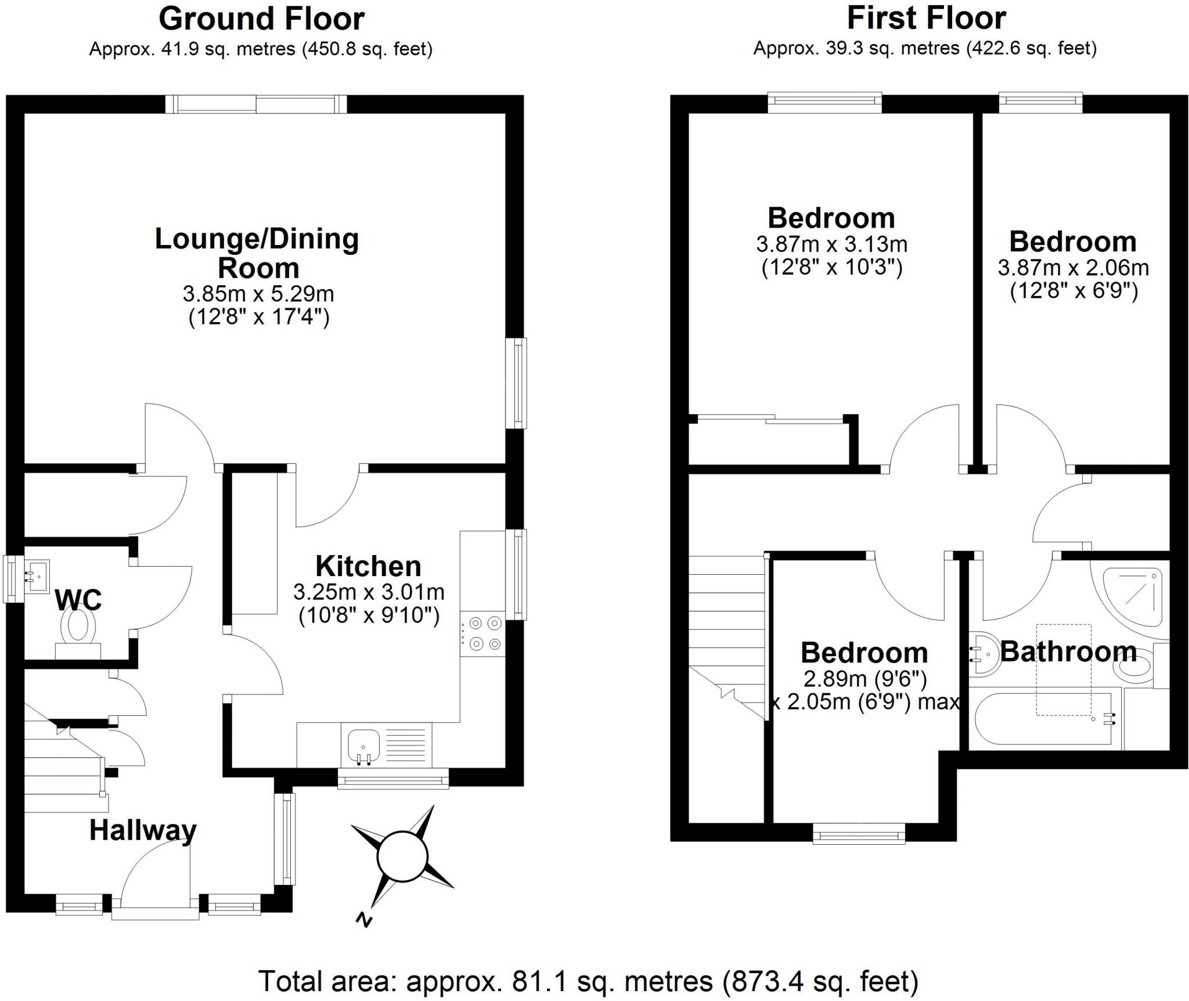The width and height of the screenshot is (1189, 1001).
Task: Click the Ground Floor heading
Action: point(261,19)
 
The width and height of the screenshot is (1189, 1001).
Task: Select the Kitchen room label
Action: point(368,566)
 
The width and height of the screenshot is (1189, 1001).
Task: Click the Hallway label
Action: point(143,830)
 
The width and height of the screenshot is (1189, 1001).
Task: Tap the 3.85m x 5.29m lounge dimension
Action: point(258,294)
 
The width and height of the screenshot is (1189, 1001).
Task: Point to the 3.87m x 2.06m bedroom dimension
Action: point(1073,268)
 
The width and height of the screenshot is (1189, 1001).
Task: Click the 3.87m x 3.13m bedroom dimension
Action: point(831,244)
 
